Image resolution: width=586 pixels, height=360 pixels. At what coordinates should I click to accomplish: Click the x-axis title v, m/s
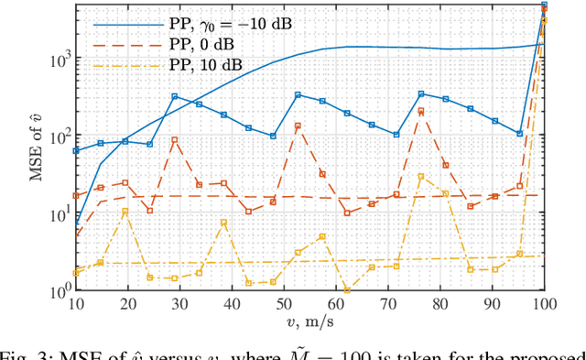pyautogui.click(x=311, y=322)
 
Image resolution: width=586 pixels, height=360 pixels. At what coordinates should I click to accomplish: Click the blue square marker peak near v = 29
pyautogui.click(x=174, y=96)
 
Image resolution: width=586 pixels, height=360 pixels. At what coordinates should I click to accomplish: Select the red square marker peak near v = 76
pyautogui.click(x=421, y=111)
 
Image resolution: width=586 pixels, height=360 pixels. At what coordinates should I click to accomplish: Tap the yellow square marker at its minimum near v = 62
pyautogui.click(x=346, y=290)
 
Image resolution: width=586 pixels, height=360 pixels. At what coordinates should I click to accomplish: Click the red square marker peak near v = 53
pyautogui.click(x=298, y=125)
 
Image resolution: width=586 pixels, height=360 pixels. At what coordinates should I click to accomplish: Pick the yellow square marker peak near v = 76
pyautogui.click(x=421, y=176)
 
